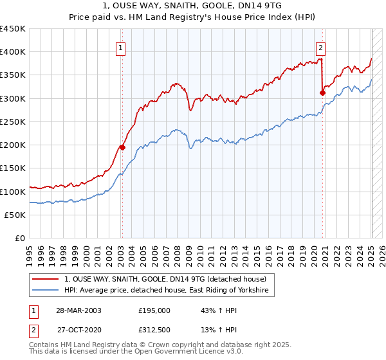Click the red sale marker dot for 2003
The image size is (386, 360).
tap(122, 147)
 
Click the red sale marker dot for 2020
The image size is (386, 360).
tap(322, 93)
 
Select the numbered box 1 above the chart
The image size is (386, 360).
tap(122, 46)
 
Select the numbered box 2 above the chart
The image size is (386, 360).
tap(320, 46)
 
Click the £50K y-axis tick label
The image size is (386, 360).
tap(15, 215)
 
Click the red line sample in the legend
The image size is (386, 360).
tap(46, 279)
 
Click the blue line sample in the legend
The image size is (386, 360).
tap(46, 291)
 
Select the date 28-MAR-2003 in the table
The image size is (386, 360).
tap(78, 310)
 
